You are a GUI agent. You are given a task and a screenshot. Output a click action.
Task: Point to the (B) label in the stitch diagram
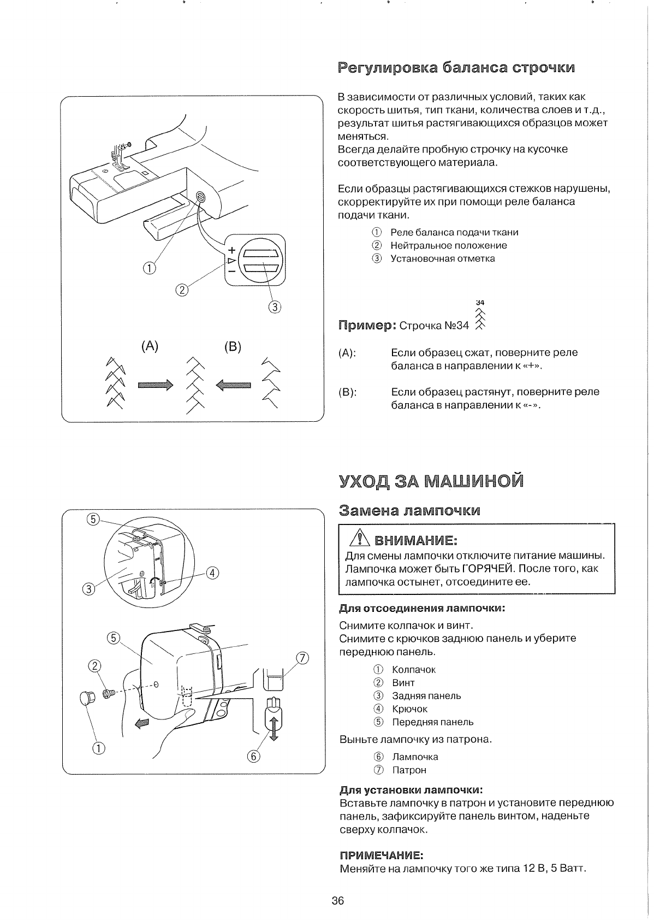pos(233,347)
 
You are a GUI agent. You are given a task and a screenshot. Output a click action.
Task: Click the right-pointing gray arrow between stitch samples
pos(156,386)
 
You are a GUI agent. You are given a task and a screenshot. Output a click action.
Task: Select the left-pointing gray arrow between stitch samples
pos(234,386)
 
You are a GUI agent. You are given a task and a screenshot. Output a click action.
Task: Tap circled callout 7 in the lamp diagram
pos(302,657)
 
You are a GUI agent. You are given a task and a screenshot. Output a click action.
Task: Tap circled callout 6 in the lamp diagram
pos(254,756)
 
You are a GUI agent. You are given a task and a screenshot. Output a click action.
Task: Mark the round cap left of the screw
pos(87,697)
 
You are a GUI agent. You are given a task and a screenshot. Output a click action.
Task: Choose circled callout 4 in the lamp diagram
pos(212,573)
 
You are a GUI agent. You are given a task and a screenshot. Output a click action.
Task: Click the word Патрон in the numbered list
pos(409,770)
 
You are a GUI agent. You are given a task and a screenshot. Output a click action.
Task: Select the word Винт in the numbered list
pos(403,682)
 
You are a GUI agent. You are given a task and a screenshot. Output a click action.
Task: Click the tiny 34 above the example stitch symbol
pos(480,302)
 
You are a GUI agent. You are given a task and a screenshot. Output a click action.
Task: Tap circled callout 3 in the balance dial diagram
pos(275,306)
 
